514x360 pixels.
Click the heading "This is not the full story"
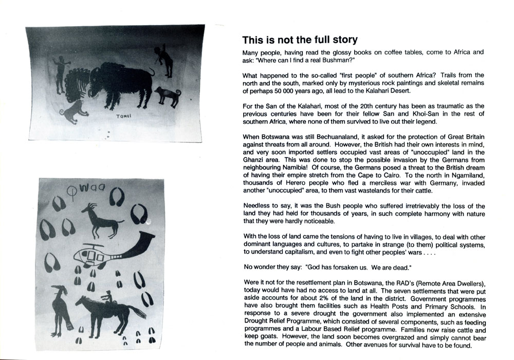pos(300,40)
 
